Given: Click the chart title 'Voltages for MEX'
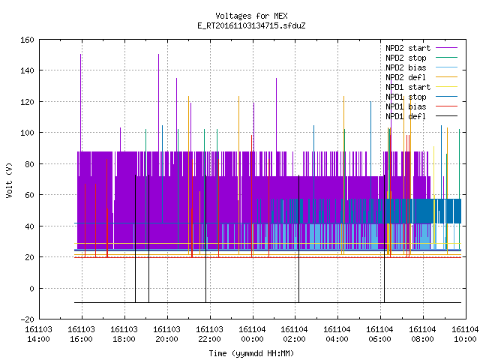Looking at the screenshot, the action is (x=252, y=16).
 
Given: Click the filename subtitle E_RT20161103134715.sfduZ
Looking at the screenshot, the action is (x=252, y=25).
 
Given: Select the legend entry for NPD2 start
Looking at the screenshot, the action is (x=421, y=48).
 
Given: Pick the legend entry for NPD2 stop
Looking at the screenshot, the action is (x=421, y=58).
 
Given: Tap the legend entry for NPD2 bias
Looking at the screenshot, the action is (x=421, y=67).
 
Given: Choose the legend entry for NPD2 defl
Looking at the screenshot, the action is (x=421, y=77).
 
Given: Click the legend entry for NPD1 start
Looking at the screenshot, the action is (x=421, y=87).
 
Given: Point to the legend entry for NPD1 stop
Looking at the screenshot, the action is (x=421, y=97).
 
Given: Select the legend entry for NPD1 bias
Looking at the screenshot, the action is (x=421, y=106).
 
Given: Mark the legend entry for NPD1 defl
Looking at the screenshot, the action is (x=421, y=116).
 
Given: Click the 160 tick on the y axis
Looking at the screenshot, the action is (x=27, y=40).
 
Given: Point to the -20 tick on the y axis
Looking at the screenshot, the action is (x=27, y=319).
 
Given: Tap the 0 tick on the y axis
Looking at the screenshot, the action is (x=31, y=288).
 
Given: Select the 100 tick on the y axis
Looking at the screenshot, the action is (x=27, y=133).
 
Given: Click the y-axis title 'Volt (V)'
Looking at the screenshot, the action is (x=10, y=180).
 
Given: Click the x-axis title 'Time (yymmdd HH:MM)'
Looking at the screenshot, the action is (x=252, y=353).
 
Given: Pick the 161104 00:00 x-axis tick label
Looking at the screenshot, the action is (x=252, y=334).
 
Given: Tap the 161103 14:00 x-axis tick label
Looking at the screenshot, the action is (x=38, y=334).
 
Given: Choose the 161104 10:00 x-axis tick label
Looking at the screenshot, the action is (x=465, y=334).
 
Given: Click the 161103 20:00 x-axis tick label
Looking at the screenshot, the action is (x=166, y=334).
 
